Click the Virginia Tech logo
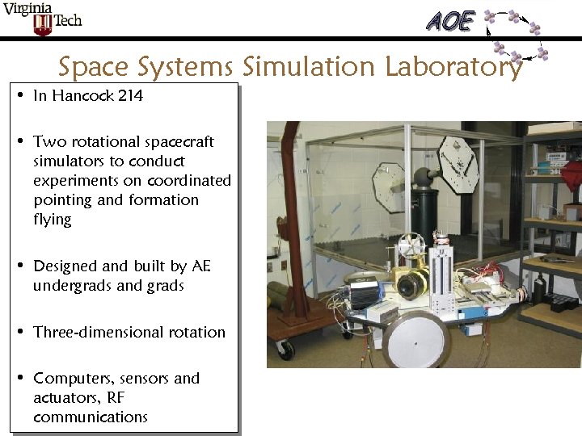[x=42, y=18]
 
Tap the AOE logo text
[x=450, y=21]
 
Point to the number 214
[x=130, y=96]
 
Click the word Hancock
[x=82, y=96]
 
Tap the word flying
[x=53, y=220]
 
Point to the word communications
[x=91, y=417]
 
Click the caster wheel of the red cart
[x=285, y=350]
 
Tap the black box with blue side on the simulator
[x=364, y=295]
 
